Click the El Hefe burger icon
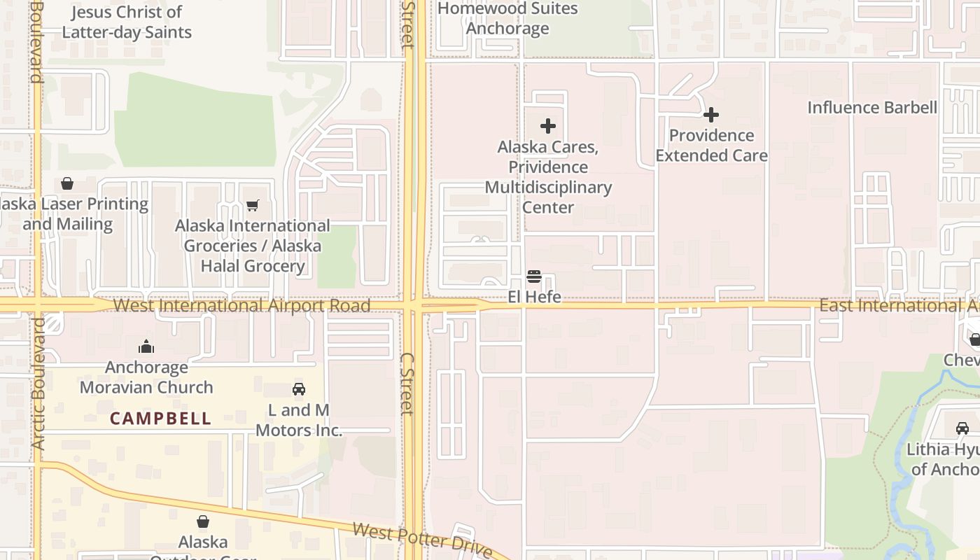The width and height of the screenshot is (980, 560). pyautogui.click(x=534, y=276)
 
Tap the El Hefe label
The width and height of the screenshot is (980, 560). pyautogui.click(x=534, y=297)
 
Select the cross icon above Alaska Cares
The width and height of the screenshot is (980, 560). pyautogui.click(x=548, y=126)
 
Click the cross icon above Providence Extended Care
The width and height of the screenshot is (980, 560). pyautogui.click(x=711, y=115)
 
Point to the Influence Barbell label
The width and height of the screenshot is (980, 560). pyautogui.click(x=871, y=108)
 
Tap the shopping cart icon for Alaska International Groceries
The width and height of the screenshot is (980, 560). pyautogui.click(x=253, y=205)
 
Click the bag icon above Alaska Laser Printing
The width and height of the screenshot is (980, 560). pyautogui.click(x=67, y=183)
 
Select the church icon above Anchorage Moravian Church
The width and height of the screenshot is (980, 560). pyautogui.click(x=146, y=346)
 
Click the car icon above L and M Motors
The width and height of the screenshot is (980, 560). pyautogui.click(x=299, y=389)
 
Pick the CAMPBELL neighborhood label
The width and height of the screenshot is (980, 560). pyautogui.click(x=160, y=419)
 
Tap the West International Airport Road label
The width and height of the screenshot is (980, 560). pyautogui.click(x=241, y=306)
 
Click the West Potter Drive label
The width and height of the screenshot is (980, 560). pyautogui.click(x=422, y=540)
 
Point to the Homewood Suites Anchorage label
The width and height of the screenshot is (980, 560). pyautogui.click(x=507, y=19)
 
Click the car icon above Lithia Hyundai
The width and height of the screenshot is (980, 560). pyautogui.click(x=962, y=428)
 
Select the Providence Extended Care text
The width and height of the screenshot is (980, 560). pyautogui.click(x=711, y=146)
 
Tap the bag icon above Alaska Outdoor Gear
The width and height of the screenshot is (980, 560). pyautogui.click(x=203, y=521)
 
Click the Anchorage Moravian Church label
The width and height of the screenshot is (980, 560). pyautogui.click(x=146, y=377)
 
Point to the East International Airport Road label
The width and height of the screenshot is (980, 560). pyautogui.click(x=899, y=306)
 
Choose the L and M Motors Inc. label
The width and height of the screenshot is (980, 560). pyautogui.click(x=299, y=420)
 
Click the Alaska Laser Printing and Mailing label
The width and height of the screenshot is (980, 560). pyautogui.click(x=73, y=214)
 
